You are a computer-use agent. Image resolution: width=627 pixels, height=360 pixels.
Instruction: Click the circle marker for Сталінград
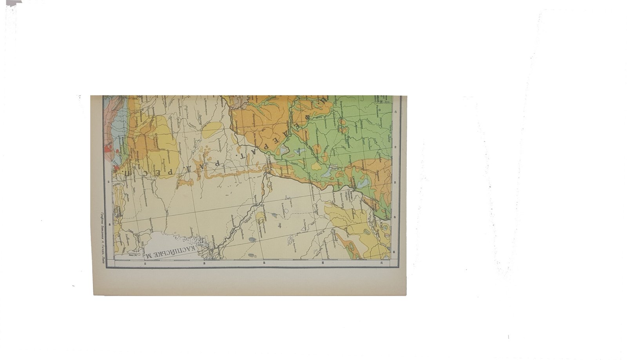[270, 171]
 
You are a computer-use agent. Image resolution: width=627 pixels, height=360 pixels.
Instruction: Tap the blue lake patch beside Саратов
[362, 182]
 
